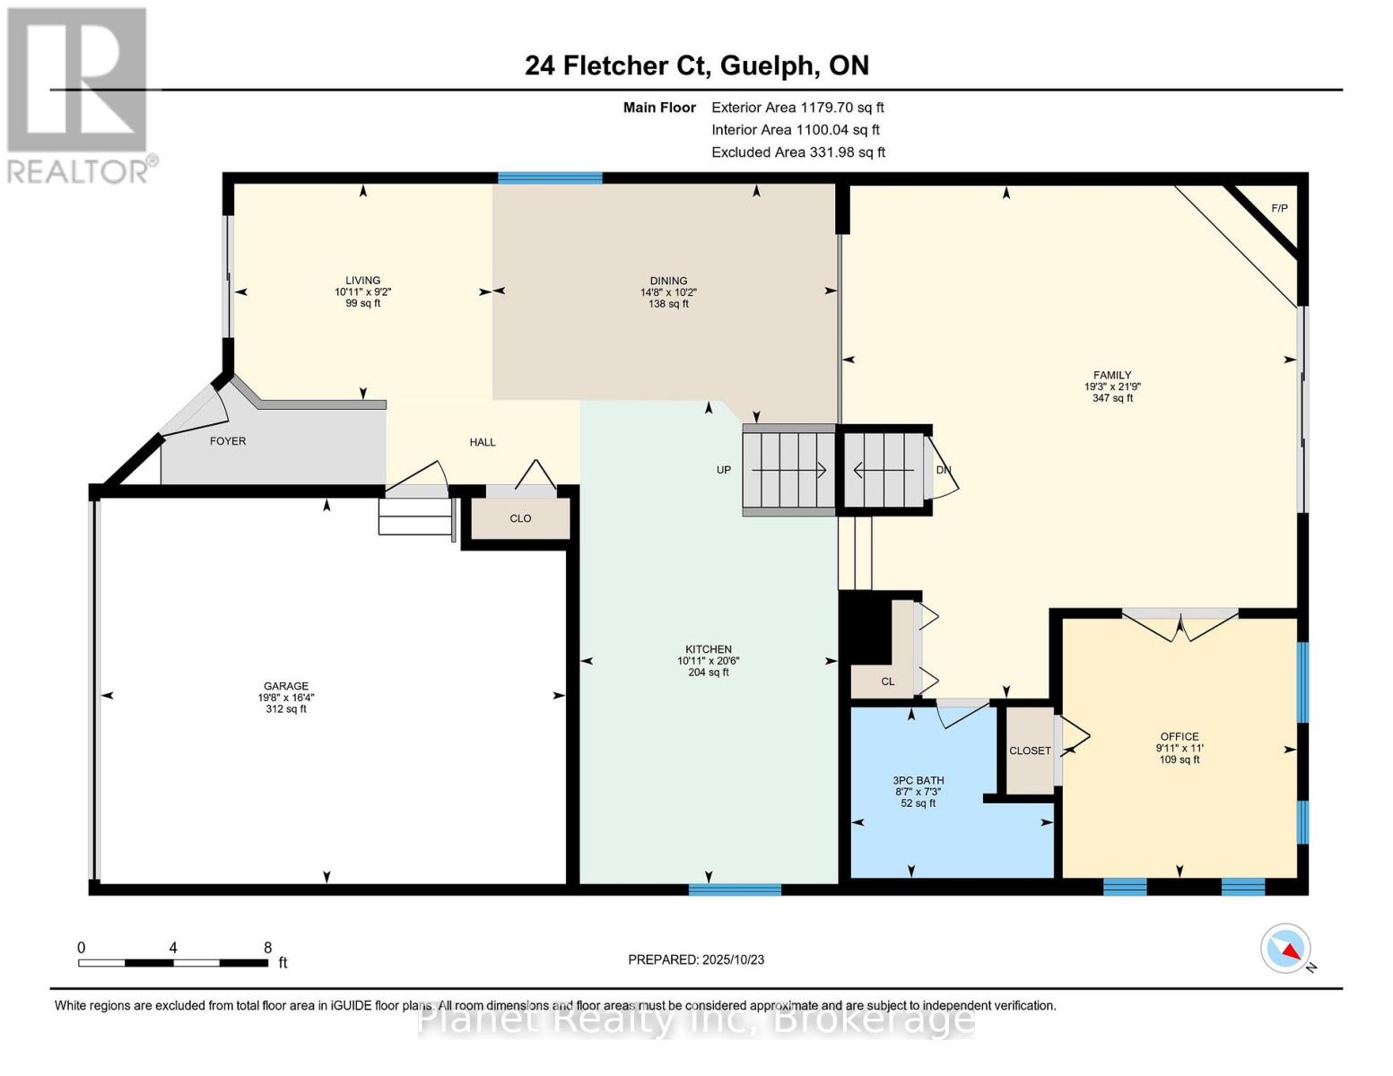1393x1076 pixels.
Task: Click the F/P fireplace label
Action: coord(1280,208)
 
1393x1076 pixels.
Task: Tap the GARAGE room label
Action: coord(286,686)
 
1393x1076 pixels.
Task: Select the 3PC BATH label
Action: coord(918,781)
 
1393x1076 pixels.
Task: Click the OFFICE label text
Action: coord(1179,736)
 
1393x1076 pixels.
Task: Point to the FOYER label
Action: coord(228,441)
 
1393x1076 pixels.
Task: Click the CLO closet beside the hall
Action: coord(520,518)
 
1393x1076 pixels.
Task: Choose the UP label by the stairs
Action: coord(724,470)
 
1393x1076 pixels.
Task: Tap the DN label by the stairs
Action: coord(943,470)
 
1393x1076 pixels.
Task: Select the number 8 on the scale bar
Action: coord(268,947)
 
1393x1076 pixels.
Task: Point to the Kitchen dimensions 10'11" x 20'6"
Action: coord(709,661)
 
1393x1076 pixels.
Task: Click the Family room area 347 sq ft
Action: coord(1112,398)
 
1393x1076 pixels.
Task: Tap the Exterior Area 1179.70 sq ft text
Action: coord(797,108)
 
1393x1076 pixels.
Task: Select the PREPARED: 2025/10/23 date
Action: coord(696,959)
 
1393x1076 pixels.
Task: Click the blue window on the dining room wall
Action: coord(550,178)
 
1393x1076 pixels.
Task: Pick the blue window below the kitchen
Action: coord(735,889)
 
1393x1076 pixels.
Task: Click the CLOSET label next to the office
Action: coord(1030,751)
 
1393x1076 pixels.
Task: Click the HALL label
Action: coord(482,442)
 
